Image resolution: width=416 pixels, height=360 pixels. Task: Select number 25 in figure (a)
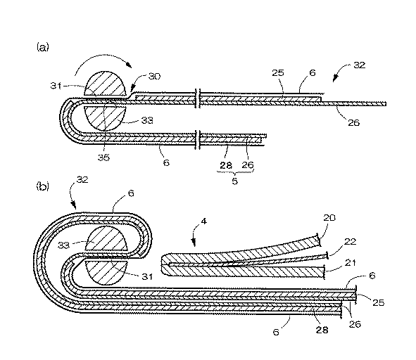point(278,73)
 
